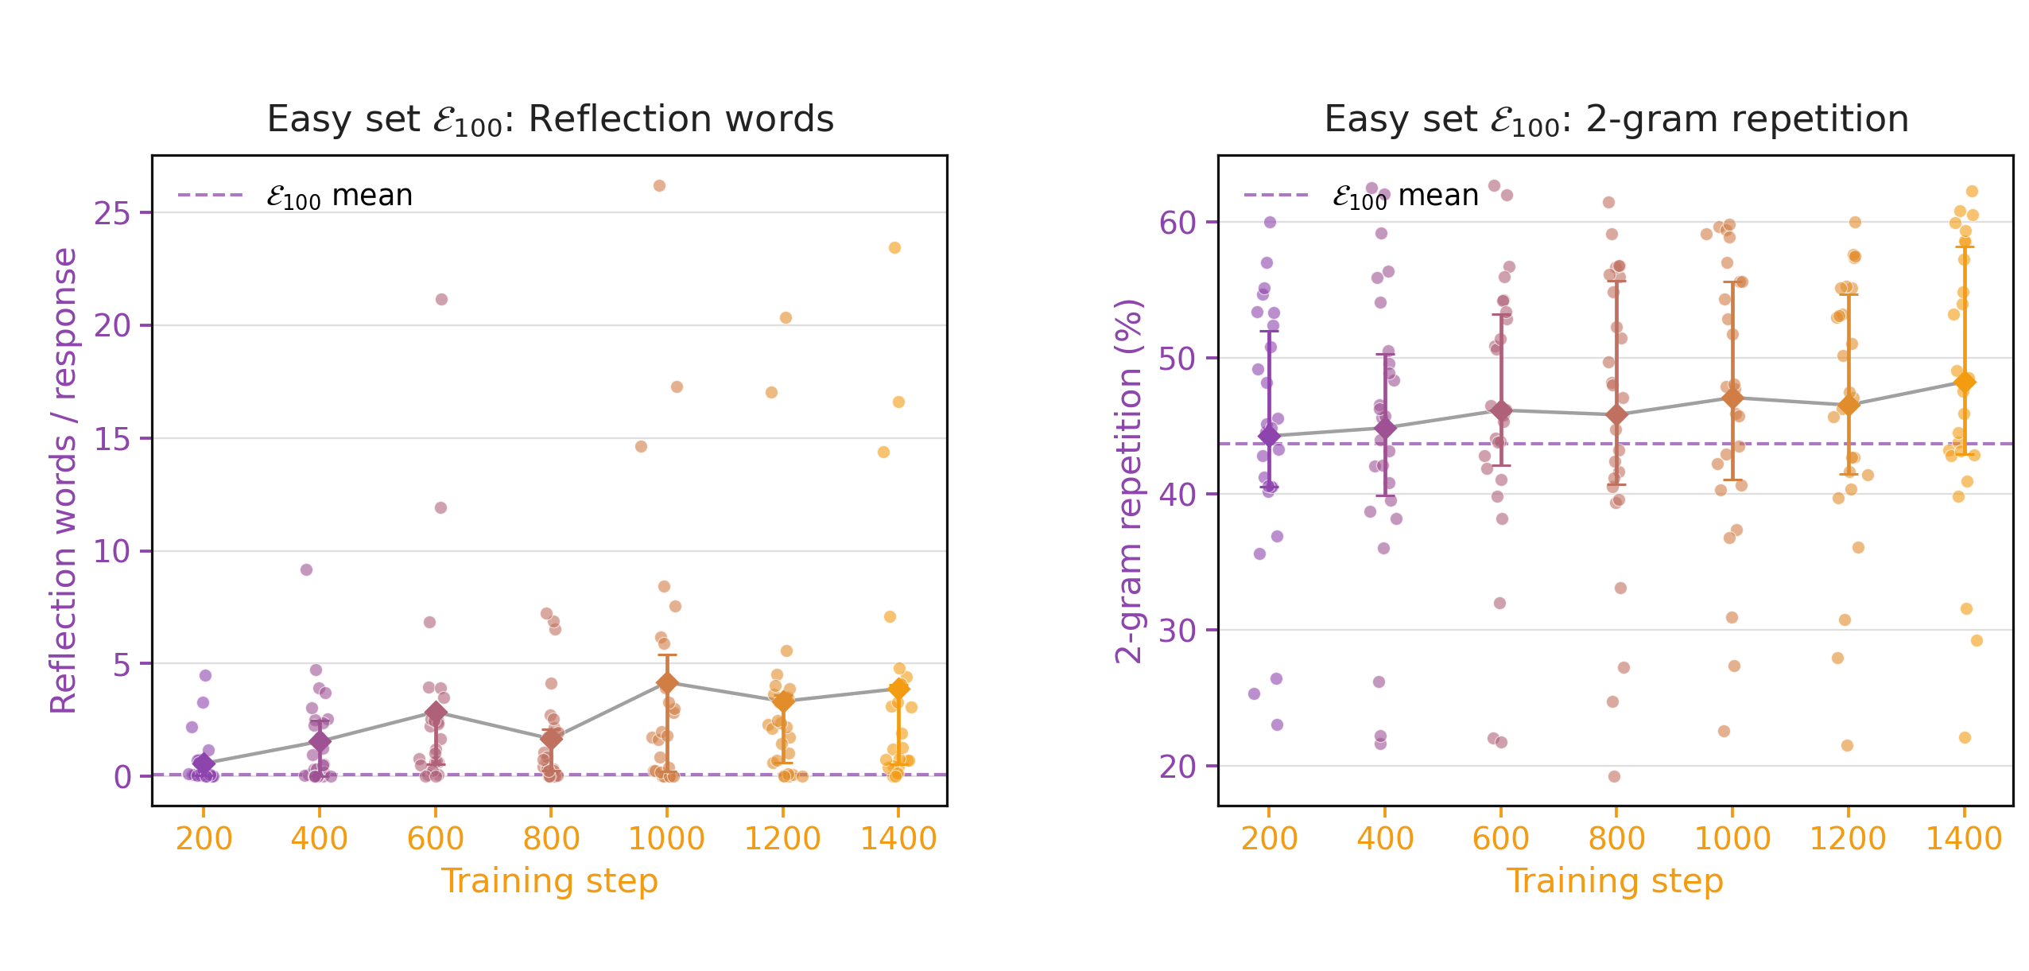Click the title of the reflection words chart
point(550,120)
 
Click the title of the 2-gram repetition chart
point(1616,120)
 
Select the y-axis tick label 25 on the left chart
point(112,213)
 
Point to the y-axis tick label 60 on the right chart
point(1177,223)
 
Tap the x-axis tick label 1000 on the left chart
point(666,838)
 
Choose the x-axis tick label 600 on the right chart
point(1500,838)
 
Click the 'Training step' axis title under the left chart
point(549,881)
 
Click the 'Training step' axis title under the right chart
point(1615,881)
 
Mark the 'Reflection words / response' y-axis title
point(64,480)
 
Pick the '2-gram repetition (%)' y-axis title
point(1129,480)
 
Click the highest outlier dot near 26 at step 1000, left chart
point(659,185)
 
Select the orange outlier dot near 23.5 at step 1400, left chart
point(894,247)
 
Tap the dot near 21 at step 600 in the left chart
point(441,299)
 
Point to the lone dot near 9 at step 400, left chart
point(306,569)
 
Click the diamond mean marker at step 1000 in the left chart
point(667,682)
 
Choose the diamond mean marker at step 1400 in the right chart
point(1965,382)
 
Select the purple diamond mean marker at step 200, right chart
point(1269,435)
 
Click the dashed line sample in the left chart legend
point(210,195)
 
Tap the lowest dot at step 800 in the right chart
point(1614,776)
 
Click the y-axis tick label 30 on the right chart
point(1177,631)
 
